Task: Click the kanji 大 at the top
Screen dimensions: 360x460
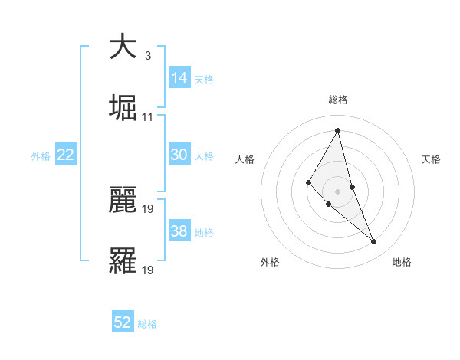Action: coord(123,47)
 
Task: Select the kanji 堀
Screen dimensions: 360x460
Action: coord(123,108)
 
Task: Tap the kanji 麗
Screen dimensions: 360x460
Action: coord(123,200)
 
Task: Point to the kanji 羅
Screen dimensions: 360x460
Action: coord(123,261)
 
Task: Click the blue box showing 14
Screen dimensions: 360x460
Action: coord(179,78)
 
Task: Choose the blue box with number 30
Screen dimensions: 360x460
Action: coord(179,155)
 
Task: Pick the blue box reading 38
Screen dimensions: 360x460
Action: coord(179,231)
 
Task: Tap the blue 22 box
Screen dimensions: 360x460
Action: coord(66,155)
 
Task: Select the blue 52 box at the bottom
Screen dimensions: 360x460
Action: coord(123,322)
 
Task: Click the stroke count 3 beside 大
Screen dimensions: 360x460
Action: coord(147,56)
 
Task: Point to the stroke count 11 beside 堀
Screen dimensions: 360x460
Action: coord(148,117)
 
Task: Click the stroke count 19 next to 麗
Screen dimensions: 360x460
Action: coord(148,209)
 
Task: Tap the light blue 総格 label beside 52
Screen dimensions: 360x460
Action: coord(147,324)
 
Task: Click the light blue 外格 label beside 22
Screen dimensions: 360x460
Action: coord(41,155)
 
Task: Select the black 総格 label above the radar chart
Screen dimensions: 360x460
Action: coord(338,100)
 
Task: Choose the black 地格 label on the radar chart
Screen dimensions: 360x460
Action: coord(402,262)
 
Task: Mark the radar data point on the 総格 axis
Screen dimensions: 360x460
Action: coord(337,129)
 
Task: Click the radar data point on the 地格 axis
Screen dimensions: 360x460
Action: coord(374,242)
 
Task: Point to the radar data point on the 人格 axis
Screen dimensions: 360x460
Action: coord(309,182)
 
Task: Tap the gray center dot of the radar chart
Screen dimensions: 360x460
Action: coord(337,191)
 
